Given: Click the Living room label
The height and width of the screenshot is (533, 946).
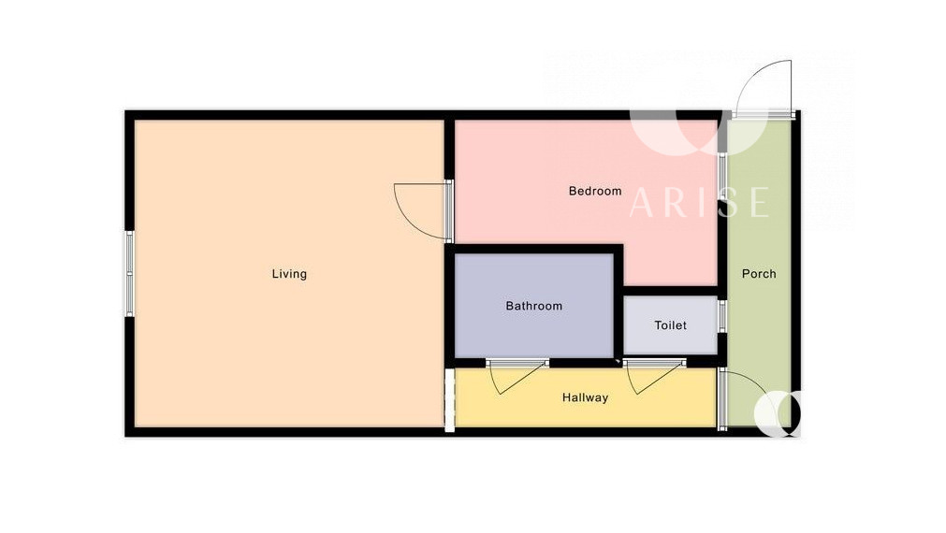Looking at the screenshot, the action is (289, 274).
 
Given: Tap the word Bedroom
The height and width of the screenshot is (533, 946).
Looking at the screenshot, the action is (595, 191).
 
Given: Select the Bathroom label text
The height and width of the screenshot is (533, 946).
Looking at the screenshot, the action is (534, 306).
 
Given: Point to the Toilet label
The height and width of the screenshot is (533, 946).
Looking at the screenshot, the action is (670, 325).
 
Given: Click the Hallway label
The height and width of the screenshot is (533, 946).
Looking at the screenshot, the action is (585, 397).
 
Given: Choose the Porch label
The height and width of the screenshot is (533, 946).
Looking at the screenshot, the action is (758, 274).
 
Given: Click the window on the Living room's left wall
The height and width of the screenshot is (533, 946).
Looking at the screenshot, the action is (130, 273).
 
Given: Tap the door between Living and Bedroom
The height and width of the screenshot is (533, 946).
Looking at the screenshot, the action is (422, 210).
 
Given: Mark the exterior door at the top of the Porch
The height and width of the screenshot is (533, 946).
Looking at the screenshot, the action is (763, 88).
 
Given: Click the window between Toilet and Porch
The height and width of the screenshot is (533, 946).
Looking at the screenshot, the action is (722, 315).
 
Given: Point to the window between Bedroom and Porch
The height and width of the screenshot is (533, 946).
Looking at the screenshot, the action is (722, 180).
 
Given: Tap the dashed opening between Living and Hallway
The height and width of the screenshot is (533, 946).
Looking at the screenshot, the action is (449, 399).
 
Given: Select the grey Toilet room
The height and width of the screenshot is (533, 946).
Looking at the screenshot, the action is (670, 325).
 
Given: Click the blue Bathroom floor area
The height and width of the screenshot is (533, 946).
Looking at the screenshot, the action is (534, 305).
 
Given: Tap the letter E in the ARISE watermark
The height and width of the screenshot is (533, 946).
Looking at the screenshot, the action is (760, 203).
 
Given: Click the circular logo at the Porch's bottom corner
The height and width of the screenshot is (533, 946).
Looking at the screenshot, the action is (779, 413).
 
